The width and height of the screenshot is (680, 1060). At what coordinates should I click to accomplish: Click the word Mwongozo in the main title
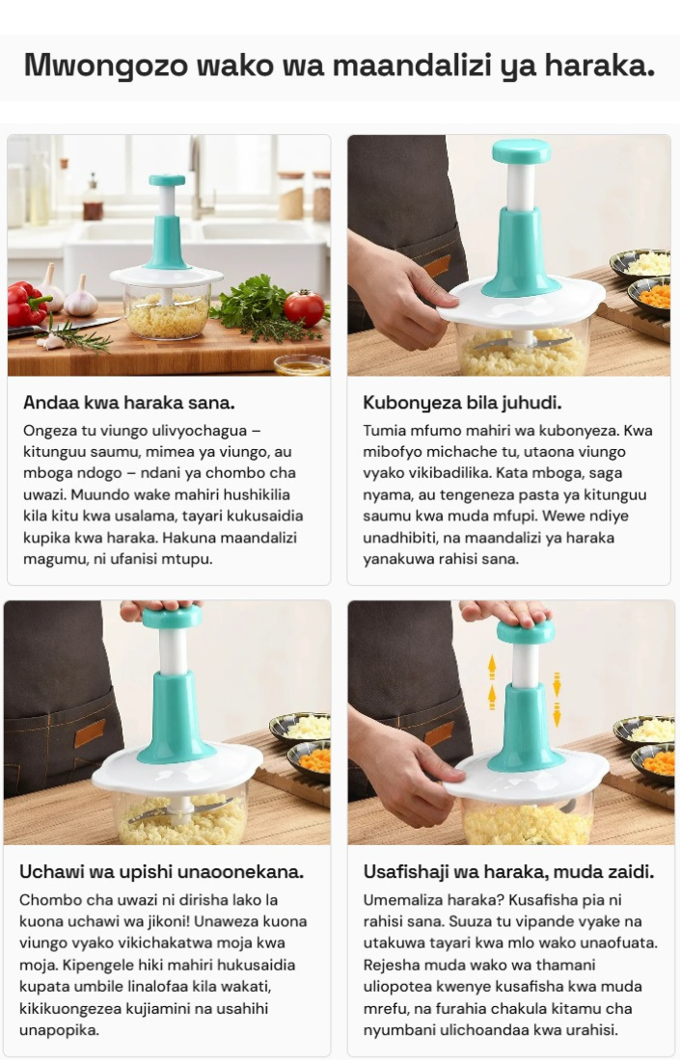[x=106, y=66]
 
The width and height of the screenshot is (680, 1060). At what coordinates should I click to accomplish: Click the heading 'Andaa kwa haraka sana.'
[x=129, y=403]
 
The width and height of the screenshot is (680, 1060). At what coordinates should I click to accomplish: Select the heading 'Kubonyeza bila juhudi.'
[x=462, y=403]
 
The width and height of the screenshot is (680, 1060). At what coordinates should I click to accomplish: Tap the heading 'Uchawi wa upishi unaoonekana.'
[x=162, y=871]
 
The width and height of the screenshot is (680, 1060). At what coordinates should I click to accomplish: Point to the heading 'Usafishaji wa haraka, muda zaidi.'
[x=509, y=871]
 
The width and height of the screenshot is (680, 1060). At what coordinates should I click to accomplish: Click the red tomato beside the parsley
[x=305, y=307]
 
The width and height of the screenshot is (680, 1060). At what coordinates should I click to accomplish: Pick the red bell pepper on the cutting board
[x=27, y=305]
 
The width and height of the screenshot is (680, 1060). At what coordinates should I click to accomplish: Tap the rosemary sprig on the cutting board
[x=74, y=335]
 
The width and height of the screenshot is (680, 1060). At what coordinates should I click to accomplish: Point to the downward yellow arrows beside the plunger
[x=557, y=699]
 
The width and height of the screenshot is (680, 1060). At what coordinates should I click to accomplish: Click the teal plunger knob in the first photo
[x=167, y=180]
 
